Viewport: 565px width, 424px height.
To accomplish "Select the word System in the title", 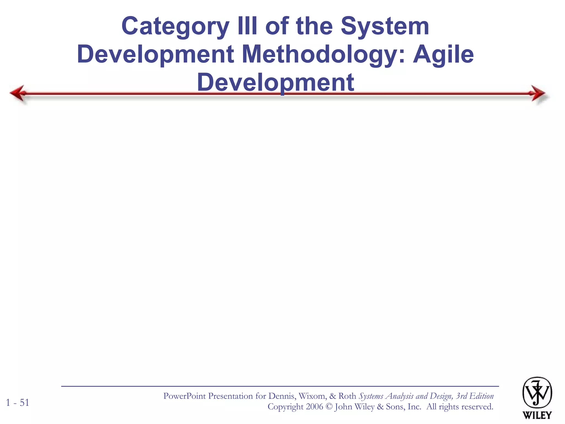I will point(385,27).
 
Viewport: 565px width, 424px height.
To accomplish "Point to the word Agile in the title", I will point(443,55).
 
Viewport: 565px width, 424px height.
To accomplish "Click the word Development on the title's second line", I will point(156,55).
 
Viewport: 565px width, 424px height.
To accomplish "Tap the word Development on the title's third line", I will point(276,83).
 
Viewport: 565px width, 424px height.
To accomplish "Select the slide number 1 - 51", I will point(18,403).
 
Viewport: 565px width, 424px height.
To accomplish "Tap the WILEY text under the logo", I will point(537,415).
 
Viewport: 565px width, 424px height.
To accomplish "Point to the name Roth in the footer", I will point(347,396).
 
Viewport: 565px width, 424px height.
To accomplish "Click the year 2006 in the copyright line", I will point(314,407).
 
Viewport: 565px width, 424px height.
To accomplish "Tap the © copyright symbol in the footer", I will point(329,407).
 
